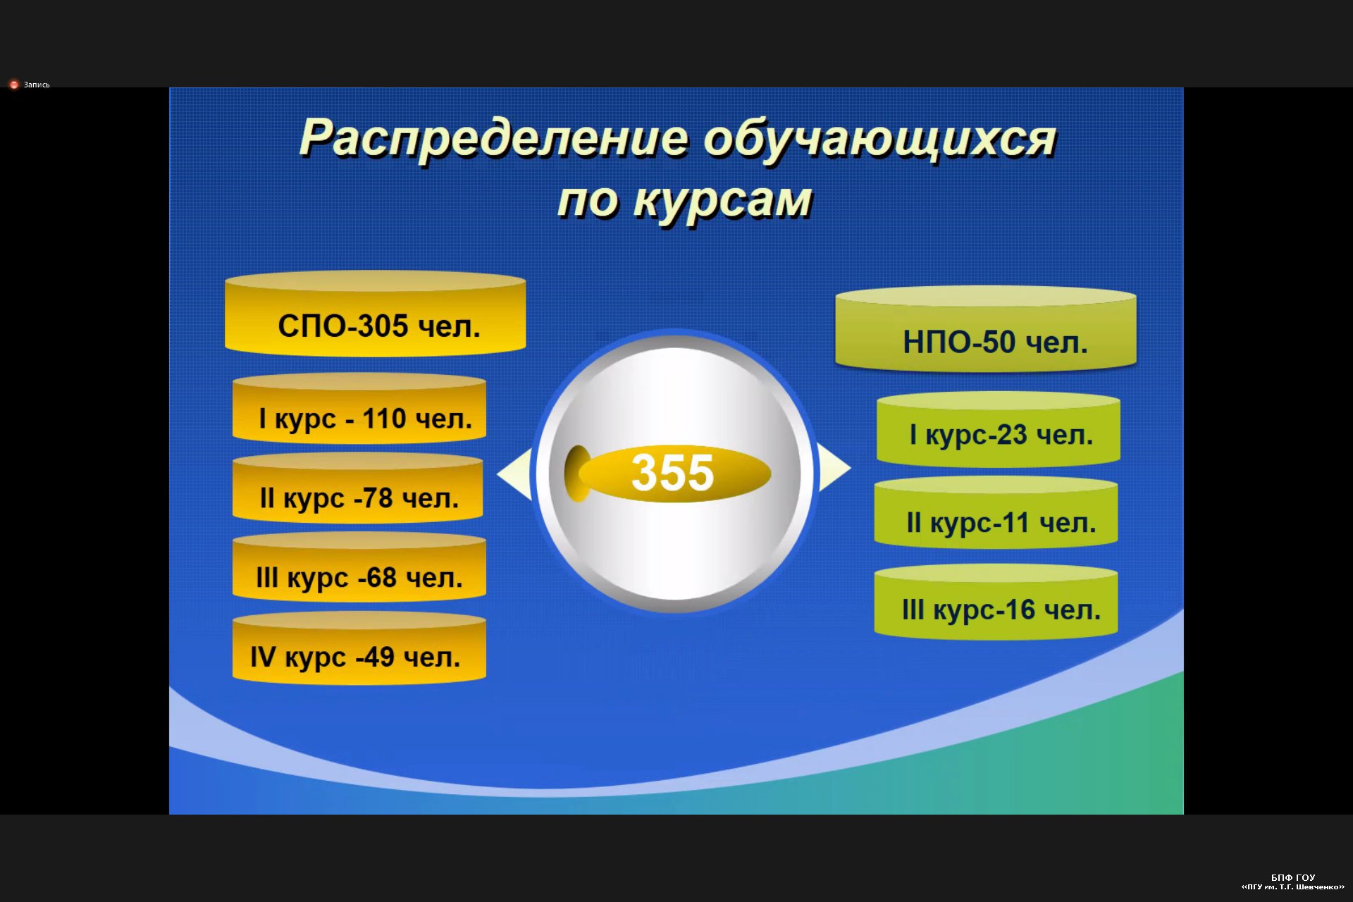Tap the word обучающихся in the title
point(880,140)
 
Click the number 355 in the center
point(672,472)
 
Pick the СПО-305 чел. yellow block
point(376,314)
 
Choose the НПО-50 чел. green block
point(986,329)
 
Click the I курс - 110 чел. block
point(359,408)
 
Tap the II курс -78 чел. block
point(358,488)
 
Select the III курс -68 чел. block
point(359,567)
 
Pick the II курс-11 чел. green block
point(996,512)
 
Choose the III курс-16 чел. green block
point(996,602)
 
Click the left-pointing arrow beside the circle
point(515,474)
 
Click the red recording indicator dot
point(13,85)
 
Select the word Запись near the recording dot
point(37,85)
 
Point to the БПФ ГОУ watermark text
point(1293,877)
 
